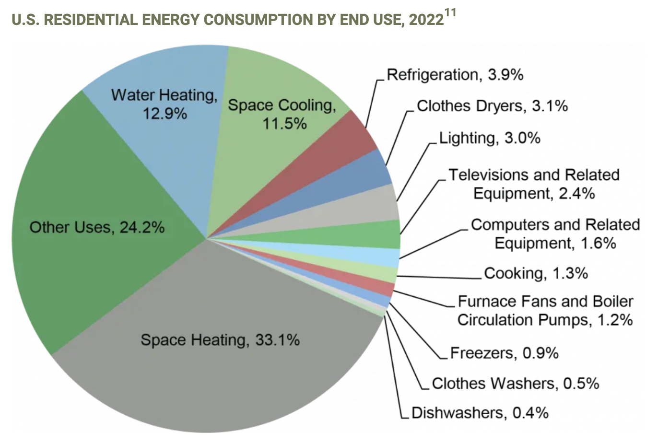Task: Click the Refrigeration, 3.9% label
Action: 455,75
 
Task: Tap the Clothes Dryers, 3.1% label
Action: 493,106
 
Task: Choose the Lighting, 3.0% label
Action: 490,138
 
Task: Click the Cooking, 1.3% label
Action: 536,273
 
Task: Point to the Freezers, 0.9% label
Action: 505,353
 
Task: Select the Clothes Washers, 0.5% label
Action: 516,384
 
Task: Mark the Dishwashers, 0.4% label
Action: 480,413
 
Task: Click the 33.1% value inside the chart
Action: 278,340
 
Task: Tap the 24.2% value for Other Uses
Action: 142,228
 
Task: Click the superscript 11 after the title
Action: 450,13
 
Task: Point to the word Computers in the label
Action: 510,225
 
